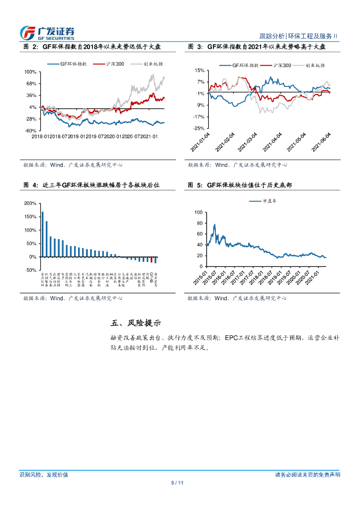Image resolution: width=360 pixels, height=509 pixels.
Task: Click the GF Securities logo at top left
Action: (47, 32)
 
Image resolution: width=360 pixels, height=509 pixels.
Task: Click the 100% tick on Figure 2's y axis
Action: (30, 72)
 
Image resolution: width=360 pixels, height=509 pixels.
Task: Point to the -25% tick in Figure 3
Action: (199, 128)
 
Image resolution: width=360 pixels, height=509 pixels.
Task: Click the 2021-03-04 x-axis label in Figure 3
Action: (249, 141)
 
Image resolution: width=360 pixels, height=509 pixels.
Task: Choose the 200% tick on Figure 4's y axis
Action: (30, 204)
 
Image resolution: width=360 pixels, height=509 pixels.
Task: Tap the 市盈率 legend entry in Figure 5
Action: (269, 201)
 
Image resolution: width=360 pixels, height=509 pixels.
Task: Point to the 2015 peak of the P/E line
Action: (214, 225)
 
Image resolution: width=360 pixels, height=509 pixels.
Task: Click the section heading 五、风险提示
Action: (136, 323)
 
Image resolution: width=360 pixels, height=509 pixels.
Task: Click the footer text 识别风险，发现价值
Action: (44, 475)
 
